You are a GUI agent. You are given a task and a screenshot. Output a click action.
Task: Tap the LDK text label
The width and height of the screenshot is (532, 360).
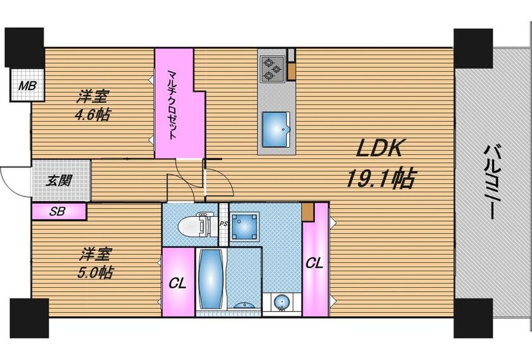[379, 148]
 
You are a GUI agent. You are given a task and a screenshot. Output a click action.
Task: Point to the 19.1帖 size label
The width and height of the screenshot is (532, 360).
[381, 178]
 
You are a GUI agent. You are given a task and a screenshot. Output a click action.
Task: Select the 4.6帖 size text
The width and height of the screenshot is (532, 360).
[92, 115]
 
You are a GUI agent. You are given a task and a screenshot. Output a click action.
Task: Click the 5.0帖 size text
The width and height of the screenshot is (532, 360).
[96, 273]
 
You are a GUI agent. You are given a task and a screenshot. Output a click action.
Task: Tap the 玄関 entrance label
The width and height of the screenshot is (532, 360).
[59, 181]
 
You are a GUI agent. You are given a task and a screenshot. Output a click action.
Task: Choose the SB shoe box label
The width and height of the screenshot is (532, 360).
[57, 212]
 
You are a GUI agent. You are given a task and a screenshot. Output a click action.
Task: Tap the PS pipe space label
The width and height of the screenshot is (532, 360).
[223, 224]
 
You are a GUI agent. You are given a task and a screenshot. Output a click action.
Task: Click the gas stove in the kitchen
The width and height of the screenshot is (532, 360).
[272, 69]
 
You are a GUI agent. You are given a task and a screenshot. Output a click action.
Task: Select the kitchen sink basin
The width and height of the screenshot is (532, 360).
[276, 129]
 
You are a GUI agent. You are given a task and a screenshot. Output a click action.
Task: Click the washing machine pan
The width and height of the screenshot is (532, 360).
[244, 226]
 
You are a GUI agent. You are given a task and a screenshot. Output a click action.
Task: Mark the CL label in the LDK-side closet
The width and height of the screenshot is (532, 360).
[315, 262]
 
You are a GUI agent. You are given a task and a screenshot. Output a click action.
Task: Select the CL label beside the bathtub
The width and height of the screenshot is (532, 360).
[178, 283]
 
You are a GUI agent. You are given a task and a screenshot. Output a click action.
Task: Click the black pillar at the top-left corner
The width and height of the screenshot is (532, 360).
[24, 48]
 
